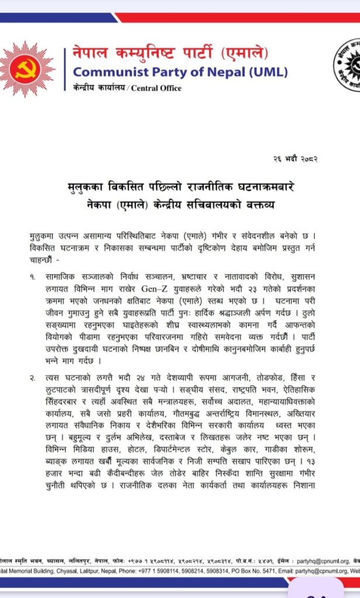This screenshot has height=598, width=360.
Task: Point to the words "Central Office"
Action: pyautogui.click(x=156, y=88)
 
